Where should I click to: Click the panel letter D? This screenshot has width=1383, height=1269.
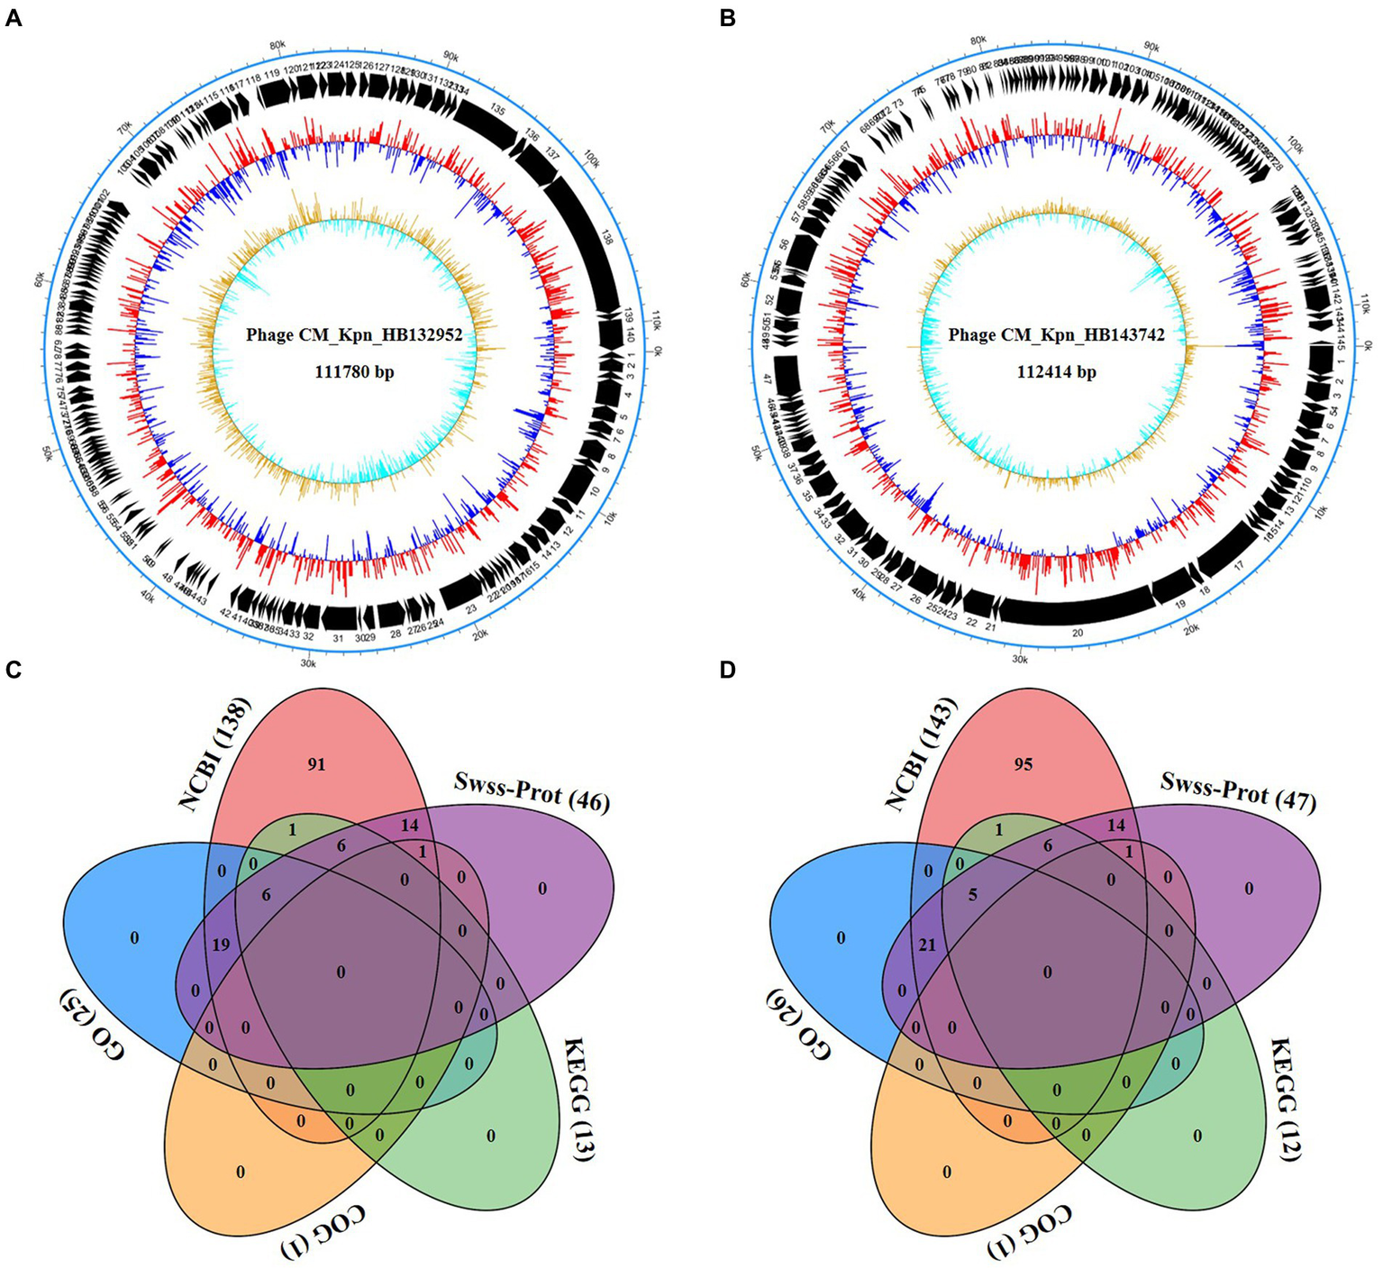729,671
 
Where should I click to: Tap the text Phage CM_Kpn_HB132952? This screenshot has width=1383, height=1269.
354,335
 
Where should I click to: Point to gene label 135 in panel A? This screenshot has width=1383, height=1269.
497,109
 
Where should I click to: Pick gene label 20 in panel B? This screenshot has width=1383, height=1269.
1078,633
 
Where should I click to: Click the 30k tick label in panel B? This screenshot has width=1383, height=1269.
1020,659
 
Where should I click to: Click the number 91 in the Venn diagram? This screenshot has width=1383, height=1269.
316,765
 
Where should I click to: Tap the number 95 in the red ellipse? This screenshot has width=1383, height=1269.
1023,765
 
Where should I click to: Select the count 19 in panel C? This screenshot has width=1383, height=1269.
219,945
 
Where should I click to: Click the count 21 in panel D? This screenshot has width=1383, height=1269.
927,945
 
